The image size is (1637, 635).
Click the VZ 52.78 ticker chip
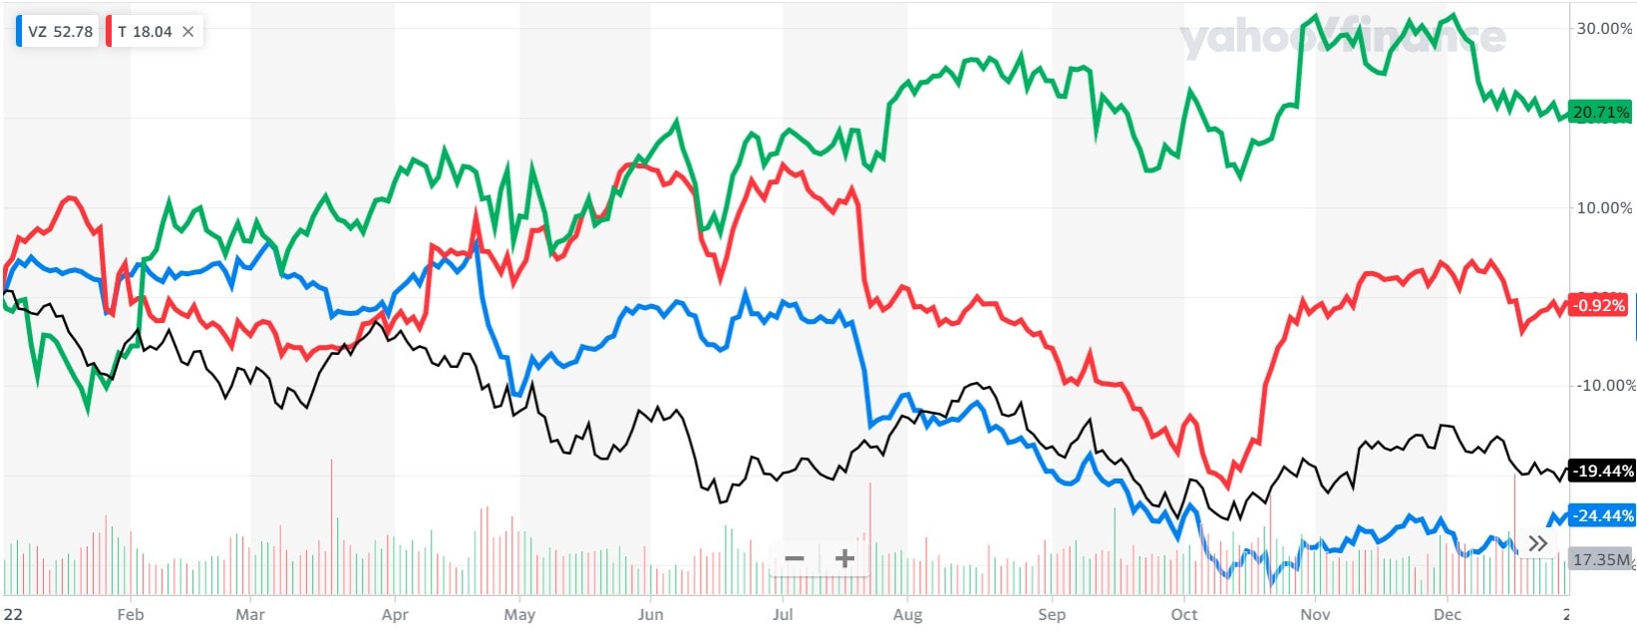point(59,32)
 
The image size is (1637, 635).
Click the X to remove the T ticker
point(188,32)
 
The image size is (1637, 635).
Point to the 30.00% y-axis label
point(1603,29)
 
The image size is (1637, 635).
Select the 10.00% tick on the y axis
point(1603,207)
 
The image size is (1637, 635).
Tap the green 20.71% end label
point(1600,113)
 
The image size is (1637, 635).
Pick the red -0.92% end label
point(1598,305)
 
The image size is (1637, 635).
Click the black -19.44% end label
point(1601,471)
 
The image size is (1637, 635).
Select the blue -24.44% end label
point(1601,515)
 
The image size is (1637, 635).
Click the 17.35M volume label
point(1600,559)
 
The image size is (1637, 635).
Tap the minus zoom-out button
point(795,558)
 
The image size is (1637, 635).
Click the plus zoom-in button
point(844,558)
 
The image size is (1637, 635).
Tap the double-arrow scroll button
point(1538,543)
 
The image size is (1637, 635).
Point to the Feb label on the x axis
point(131,614)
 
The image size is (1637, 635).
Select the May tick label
point(519,614)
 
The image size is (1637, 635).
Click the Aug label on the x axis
point(907,614)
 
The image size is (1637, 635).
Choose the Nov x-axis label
point(1315,614)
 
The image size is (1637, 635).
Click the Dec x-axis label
point(1447,614)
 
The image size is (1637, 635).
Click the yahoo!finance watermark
point(1342,38)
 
